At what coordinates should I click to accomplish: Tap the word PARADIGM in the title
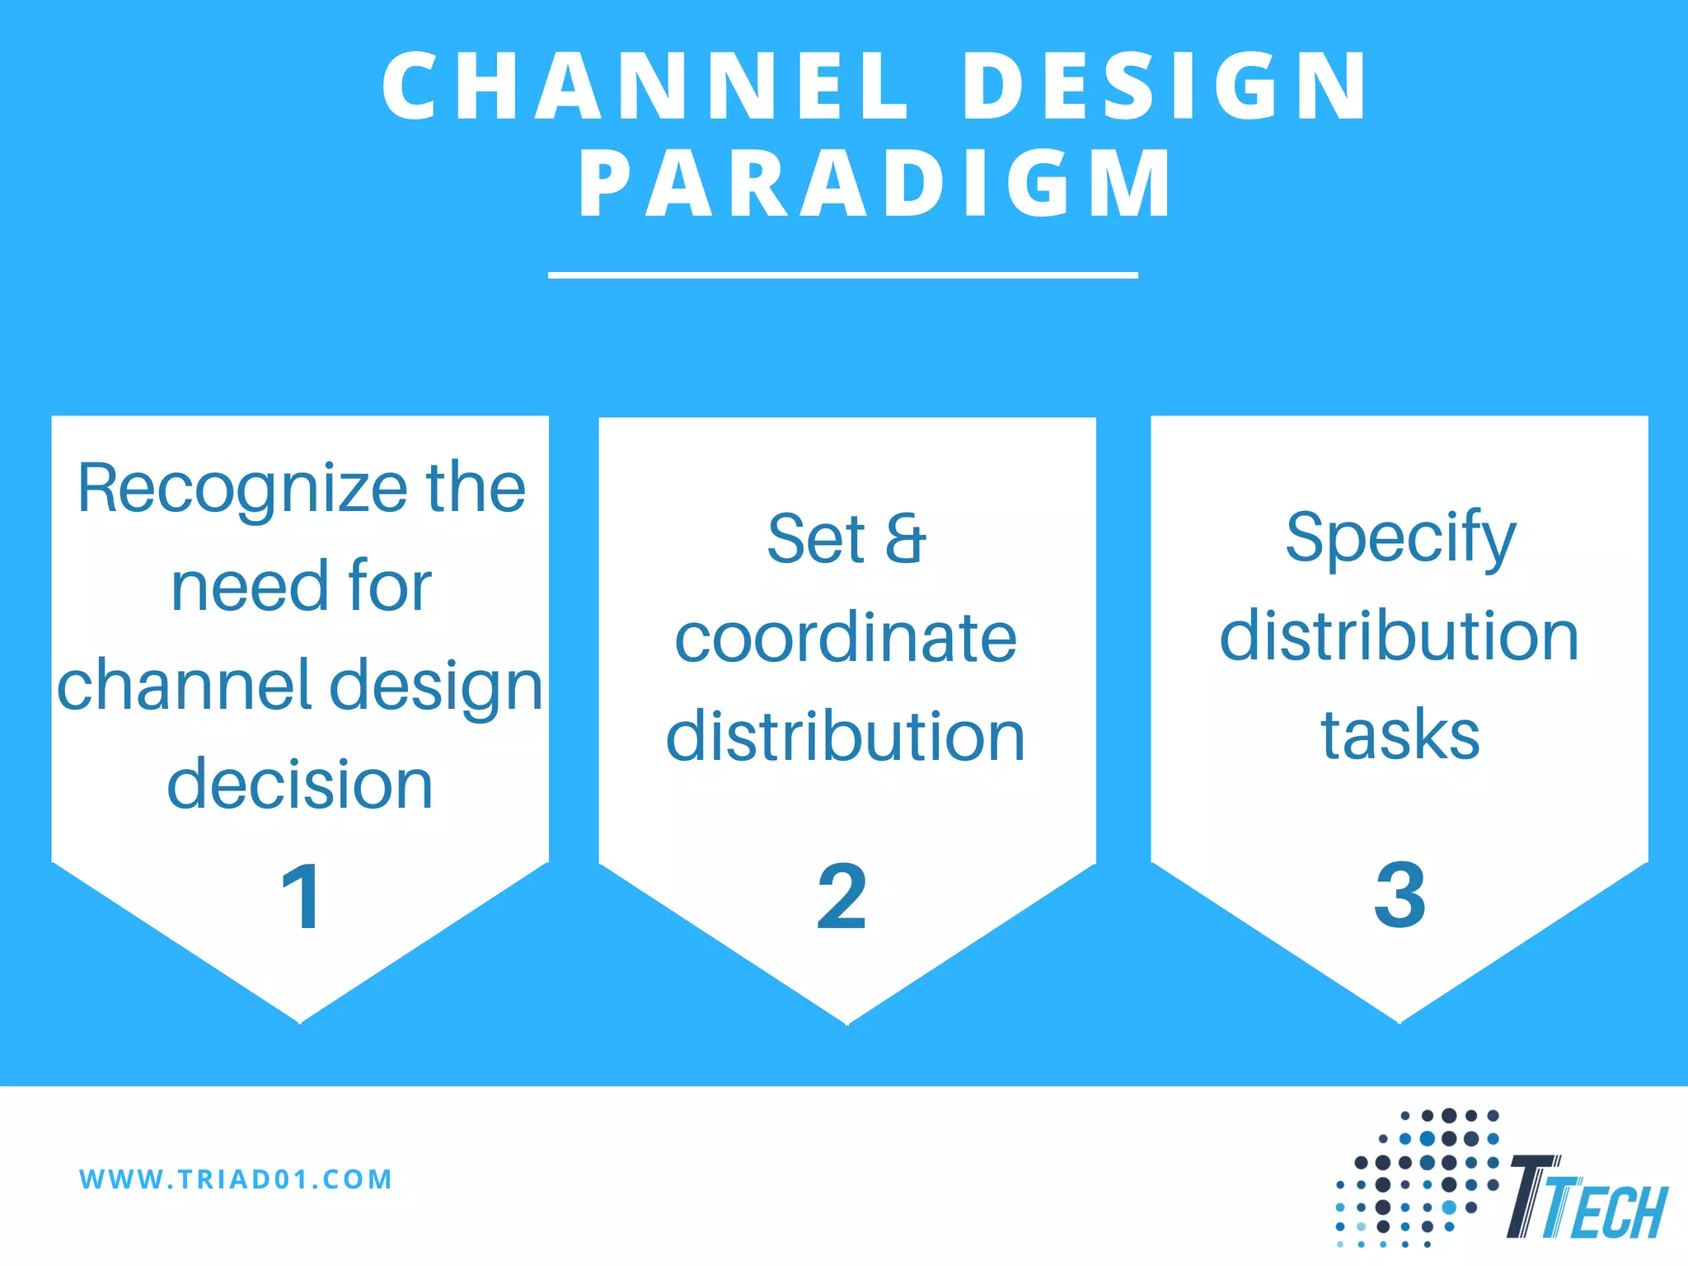pyautogui.click(x=874, y=185)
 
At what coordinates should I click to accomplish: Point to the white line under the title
pyautogui.click(x=842, y=275)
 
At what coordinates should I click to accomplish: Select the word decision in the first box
pyautogui.click(x=300, y=785)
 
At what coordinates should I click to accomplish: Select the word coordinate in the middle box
pyautogui.click(x=846, y=638)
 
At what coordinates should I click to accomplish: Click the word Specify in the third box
pyautogui.click(x=1400, y=538)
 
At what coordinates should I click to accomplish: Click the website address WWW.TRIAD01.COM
pyautogui.click(x=237, y=1179)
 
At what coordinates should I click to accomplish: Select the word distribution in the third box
pyautogui.click(x=1400, y=636)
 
